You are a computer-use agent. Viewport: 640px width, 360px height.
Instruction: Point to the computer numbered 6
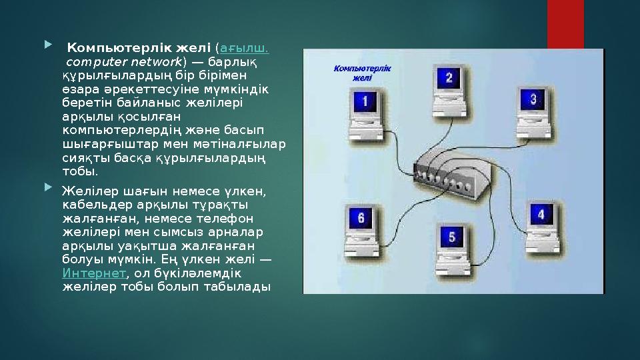coord(361,223)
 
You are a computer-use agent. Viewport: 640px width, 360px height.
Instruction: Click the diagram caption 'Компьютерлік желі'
coord(362,72)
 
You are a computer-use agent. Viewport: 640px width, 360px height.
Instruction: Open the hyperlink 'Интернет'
coord(93,274)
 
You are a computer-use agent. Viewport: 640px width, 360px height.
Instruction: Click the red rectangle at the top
coord(565,23)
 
